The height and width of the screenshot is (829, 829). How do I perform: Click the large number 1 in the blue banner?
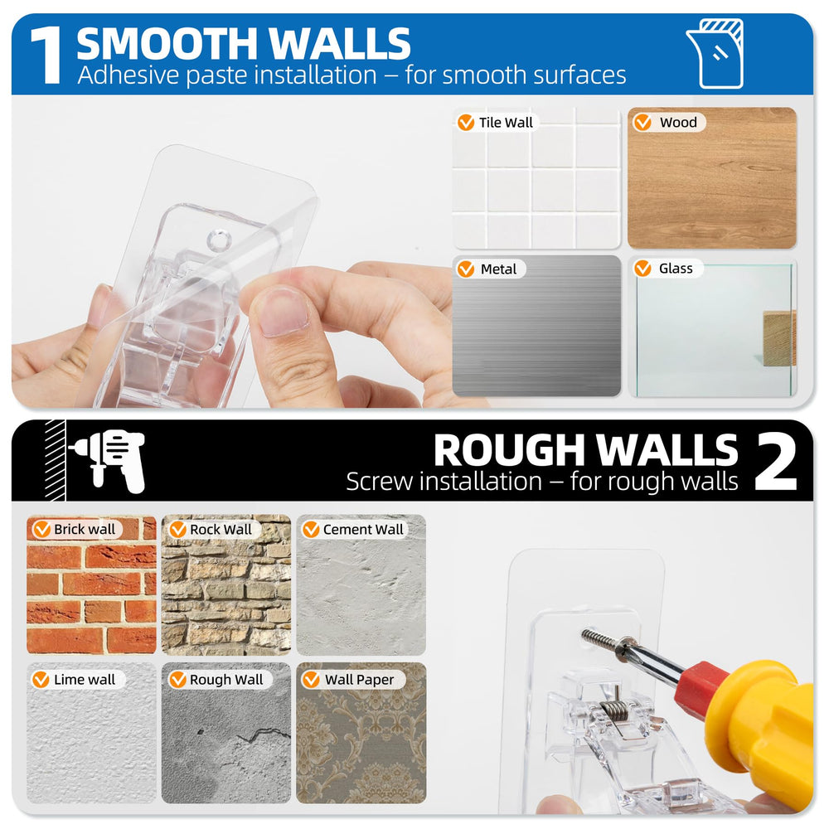pos(47,56)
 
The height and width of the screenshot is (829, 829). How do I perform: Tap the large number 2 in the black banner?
pos(776,461)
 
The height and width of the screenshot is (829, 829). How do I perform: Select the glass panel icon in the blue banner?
pos(715,53)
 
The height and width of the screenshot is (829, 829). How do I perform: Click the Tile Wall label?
pos(497,123)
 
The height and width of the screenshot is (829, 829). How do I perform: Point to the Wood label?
pos(669,123)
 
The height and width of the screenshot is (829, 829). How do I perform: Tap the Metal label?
pos(490,269)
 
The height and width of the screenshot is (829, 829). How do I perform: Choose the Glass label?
pos(667,269)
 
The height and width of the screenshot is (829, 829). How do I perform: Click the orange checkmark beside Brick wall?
pos(41,529)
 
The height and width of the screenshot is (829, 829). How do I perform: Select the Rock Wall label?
pos(213,529)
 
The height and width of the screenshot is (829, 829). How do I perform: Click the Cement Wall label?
pos(354,529)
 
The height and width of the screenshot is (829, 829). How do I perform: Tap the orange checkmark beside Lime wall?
pos(41,680)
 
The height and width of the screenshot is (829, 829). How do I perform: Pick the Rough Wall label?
pos(219,680)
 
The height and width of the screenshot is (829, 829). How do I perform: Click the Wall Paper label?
pos(352,680)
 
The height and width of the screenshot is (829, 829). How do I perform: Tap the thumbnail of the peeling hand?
pos(283,312)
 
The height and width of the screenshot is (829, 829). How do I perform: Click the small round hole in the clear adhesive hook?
pos(219,240)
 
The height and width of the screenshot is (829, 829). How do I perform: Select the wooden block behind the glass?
pos(778,338)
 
